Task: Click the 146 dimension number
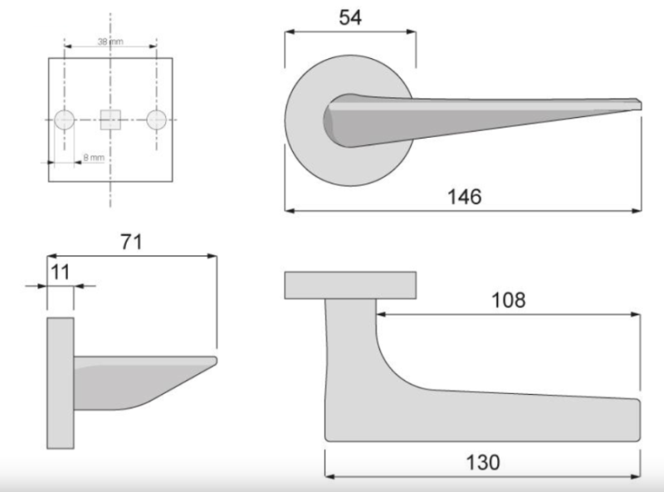tap(464, 197)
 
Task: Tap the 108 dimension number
tap(508, 300)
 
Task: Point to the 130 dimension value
tap(482, 462)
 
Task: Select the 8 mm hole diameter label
tap(93, 156)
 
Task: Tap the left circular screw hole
tap(65, 120)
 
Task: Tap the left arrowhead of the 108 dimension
tap(381, 315)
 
